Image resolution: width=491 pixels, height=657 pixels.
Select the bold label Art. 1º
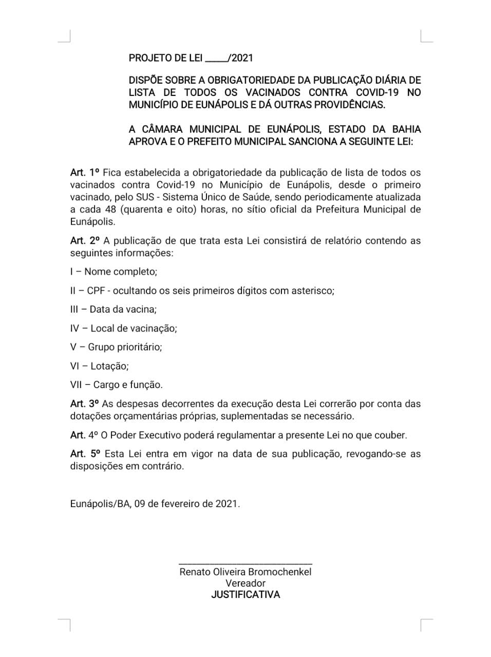pos(85,172)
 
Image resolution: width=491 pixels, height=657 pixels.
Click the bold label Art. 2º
pos(85,240)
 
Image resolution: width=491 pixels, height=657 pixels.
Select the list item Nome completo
pos(120,272)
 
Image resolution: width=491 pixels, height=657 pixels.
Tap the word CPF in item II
pos(96,291)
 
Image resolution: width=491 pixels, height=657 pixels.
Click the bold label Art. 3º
pos(85,403)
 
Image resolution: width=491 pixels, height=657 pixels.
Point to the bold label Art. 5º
pos(85,454)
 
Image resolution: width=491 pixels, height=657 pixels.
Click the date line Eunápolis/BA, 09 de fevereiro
pos(155,504)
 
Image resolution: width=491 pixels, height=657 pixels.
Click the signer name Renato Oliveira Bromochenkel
pos(245,572)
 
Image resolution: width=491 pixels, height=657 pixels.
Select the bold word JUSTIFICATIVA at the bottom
pos(245,595)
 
